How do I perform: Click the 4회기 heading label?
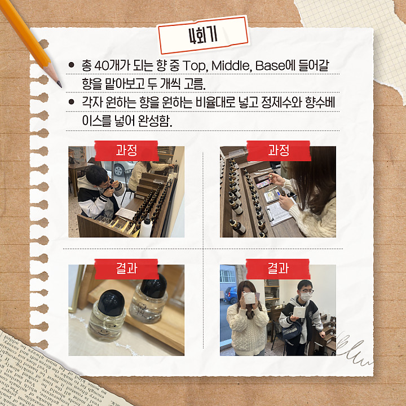pos(204,35)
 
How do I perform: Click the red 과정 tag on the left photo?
pos(126,151)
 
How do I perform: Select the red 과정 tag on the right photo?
pos(279,151)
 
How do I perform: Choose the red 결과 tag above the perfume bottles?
pos(126,268)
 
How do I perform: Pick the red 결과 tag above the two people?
pos(278,268)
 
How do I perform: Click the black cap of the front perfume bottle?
pos(111,303)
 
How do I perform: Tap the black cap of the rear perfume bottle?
pos(154,285)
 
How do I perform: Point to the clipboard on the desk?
pos(279,213)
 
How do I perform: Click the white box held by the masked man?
pos(299,312)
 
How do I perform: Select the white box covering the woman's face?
pos(249,298)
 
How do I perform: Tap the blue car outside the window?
pos(231,295)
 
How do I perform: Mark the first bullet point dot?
pos(71,65)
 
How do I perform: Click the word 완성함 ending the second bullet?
pos(155,121)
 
